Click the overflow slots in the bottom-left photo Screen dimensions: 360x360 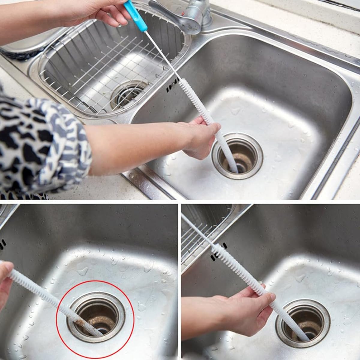2,244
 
